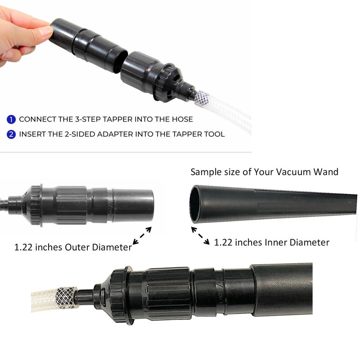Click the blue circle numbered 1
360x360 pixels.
coord(11,120)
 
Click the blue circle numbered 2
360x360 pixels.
coord(11,134)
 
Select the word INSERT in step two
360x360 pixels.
coord(32,134)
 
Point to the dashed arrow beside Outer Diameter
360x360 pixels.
coord(142,236)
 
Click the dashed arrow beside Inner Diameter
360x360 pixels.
coord(200,235)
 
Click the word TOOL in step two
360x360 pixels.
coord(214,134)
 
